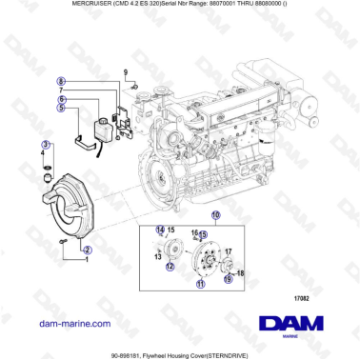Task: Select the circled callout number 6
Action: (x=62, y=98)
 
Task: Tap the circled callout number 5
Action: (x=62, y=108)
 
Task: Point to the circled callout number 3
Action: (x=44, y=143)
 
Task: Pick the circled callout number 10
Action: (x=215, y=215)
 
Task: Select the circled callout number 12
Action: (x=170, y=267)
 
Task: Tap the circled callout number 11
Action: (x=201, y=284)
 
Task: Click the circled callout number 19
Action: (x=228, y=279)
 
